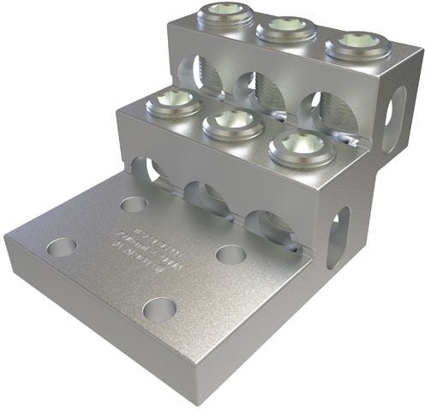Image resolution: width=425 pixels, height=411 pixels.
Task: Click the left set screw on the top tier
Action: click(x=218, y=15)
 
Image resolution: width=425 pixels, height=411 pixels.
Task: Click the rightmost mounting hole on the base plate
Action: click(x=227, y=254)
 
